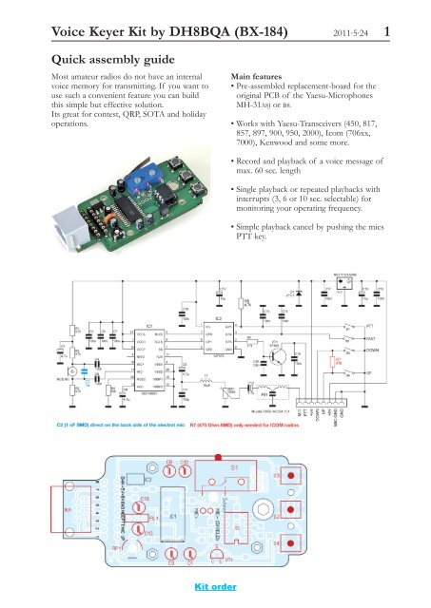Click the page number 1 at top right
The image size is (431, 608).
point(414,34)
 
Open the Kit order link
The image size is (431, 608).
point(215,586)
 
